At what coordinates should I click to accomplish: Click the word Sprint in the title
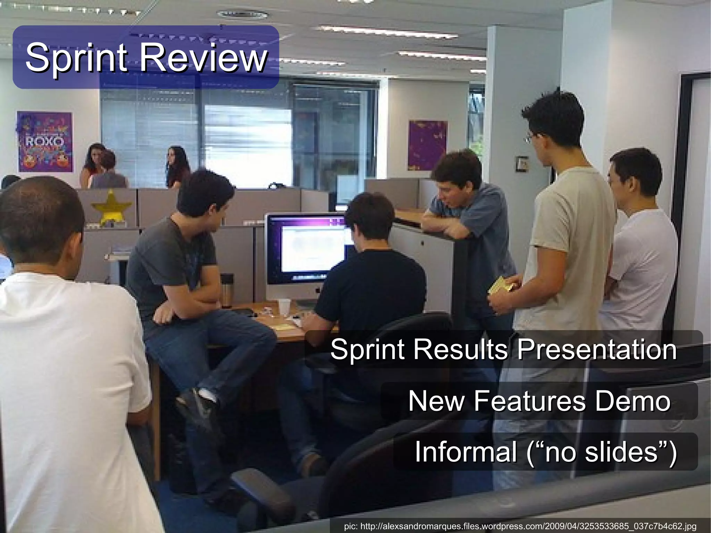pos(76,57)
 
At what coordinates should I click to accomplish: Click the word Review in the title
pos(203,57)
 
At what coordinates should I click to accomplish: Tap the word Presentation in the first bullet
pos(597,349)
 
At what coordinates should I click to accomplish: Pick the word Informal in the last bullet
pos(466,451)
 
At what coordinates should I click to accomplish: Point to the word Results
pos(460,349)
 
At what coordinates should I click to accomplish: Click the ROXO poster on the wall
pos(45,142)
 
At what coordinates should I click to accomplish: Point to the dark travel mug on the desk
pos(227,290)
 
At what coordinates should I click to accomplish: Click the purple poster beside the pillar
pos(427,145)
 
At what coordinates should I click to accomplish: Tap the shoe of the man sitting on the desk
pos(196,403)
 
